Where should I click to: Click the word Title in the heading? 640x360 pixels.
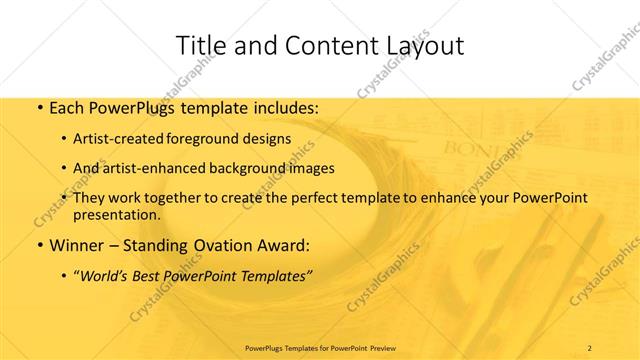(x=200, y=45)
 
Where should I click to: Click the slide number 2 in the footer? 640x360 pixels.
(x=590, y=347)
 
